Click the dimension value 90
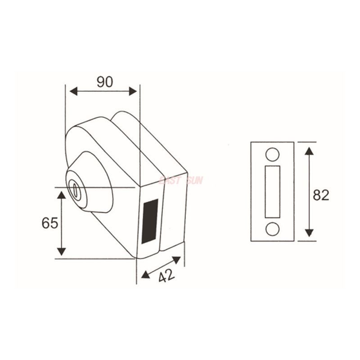coord(105,82)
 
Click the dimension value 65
coord(50,223)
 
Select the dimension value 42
coord(166,275)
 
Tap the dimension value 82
coord(321,195)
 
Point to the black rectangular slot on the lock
coord(150,221)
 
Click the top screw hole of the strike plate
coord(272,154)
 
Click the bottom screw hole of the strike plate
coord(272,229)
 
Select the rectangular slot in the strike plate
coord(272,191)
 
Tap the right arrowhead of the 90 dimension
coord(133,91)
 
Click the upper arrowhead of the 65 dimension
coord(62,195)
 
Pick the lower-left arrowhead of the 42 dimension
coord(145,274)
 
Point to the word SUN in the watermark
coord(193,181)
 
